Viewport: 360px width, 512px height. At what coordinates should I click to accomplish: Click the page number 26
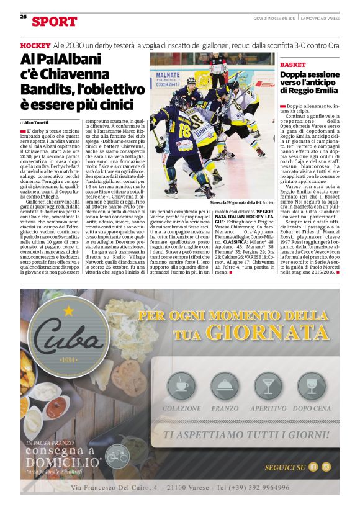(x=23, y=17)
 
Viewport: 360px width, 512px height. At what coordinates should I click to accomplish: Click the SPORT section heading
(x=55, y=22)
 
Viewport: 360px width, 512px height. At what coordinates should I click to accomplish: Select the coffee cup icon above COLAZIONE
(x=181, y=387)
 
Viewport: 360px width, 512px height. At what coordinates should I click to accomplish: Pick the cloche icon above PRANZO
(x=225, y=387)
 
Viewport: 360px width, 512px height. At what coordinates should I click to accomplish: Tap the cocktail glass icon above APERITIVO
(x=268, y=387)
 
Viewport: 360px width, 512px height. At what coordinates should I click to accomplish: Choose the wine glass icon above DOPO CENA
(x=312, y=387)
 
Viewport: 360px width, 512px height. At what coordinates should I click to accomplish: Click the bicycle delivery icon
(x=118, y=456)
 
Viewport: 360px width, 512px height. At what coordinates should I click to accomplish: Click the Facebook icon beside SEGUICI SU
(x=313, y=467)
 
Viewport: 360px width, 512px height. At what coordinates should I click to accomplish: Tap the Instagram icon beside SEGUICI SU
(x=326, y=467)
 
